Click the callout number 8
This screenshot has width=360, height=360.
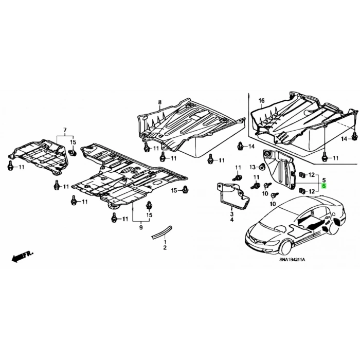160,102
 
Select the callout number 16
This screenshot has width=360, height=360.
262,101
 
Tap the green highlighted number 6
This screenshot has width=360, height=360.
324,186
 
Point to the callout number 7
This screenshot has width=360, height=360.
65,130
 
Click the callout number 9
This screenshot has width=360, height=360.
141,227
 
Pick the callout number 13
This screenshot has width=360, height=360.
253,167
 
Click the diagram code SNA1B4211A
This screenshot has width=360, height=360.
293,260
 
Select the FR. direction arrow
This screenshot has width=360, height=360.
22,256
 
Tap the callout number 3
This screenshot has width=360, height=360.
231,214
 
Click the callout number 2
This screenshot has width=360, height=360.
165,247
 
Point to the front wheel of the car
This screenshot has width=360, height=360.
286,247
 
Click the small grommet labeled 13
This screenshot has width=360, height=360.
262,166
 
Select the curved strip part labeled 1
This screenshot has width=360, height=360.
161,232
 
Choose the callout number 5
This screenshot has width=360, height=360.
324,180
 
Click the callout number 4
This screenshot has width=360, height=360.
231,220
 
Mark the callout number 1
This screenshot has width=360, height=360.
165,242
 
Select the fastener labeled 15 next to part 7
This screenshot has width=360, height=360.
73,153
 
